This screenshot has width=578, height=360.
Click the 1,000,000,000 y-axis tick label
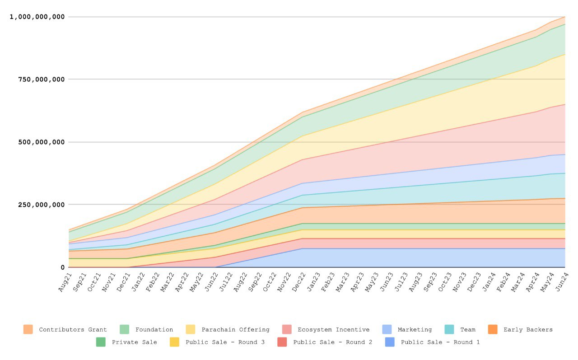click(37, 17)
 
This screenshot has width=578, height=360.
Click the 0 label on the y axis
click(62, 267)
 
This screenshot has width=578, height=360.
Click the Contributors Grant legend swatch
click(28, 330)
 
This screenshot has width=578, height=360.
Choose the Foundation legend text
click(154, 330)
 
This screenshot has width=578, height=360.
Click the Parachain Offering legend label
click(235, 330)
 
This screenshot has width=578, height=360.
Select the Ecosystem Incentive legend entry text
click(333, 330)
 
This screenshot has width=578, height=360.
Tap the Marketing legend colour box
click(387, 330)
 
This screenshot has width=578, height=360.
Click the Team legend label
click(467, 330)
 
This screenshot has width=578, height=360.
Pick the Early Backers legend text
click(528, 330)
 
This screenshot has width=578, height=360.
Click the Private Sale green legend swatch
click(101, 342)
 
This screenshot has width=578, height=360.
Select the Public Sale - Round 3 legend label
click(225, 342)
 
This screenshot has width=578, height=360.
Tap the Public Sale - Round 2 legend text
click(333, 342)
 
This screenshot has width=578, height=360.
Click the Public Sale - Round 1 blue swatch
click(390, 342)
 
